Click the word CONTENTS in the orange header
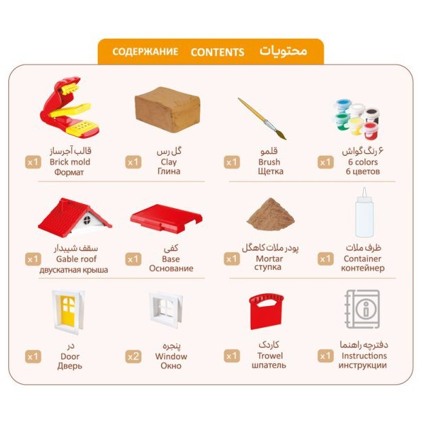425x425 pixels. coord(218,52)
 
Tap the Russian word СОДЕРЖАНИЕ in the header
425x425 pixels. coord(146,52)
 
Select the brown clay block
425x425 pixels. coord(167,109)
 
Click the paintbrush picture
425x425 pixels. coord(262,119)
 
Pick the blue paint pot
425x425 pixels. coord(343,105)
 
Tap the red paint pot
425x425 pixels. coord(370,130)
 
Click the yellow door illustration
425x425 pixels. coord(68,311)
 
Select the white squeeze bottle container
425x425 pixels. coord(364,212)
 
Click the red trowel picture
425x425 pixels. coord(266,311)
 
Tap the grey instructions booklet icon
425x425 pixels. coord(362,309)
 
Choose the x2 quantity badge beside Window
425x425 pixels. coord(133,356)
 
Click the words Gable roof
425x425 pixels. coord(76,259)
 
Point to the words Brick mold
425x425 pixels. coord(70,162)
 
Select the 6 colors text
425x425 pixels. coord(363,162)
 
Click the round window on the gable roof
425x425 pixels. coord(87,220)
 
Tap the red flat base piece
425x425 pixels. coord(166,219)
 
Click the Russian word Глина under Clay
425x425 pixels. coord(169,171)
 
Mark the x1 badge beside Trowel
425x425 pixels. coord(232,356)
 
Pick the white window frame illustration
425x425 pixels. coord(166,309)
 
